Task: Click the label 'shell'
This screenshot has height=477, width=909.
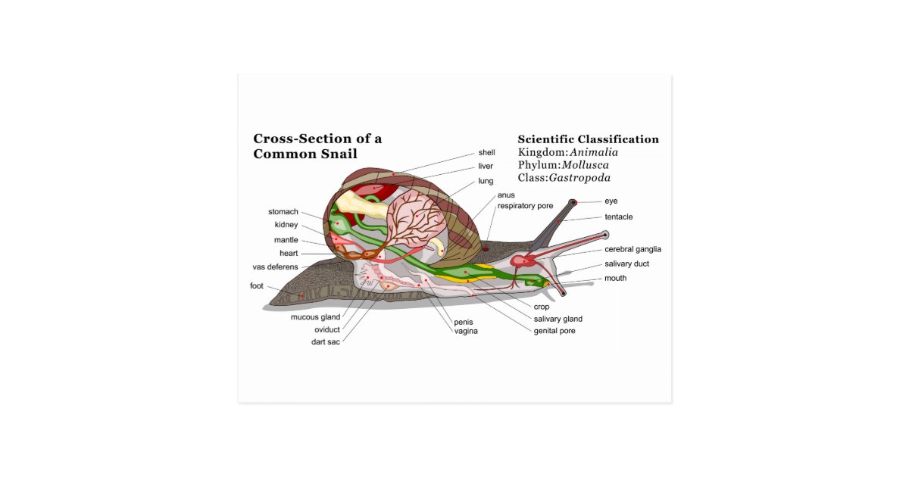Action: [486, 152]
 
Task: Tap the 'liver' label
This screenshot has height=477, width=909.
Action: [486, 166]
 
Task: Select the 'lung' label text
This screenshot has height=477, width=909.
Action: [486, 181]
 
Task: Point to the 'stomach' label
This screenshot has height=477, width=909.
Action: [283, 212]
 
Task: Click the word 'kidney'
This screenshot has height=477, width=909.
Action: [286, 225]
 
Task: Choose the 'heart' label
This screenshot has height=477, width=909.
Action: [289, 254]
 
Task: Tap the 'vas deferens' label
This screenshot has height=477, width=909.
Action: [275, 267]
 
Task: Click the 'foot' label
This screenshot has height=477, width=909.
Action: [257, 286]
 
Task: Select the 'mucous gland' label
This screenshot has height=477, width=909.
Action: [315, 317]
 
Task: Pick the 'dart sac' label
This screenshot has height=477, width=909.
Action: [326, 341]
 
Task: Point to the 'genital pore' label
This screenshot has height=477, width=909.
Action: [554, 331]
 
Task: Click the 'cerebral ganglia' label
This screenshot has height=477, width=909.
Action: [633, 249]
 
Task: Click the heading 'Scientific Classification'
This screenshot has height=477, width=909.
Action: [588, 139]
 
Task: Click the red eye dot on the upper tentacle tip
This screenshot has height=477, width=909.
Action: [573, 202]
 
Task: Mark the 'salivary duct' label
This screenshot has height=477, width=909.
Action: [626, 264]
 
